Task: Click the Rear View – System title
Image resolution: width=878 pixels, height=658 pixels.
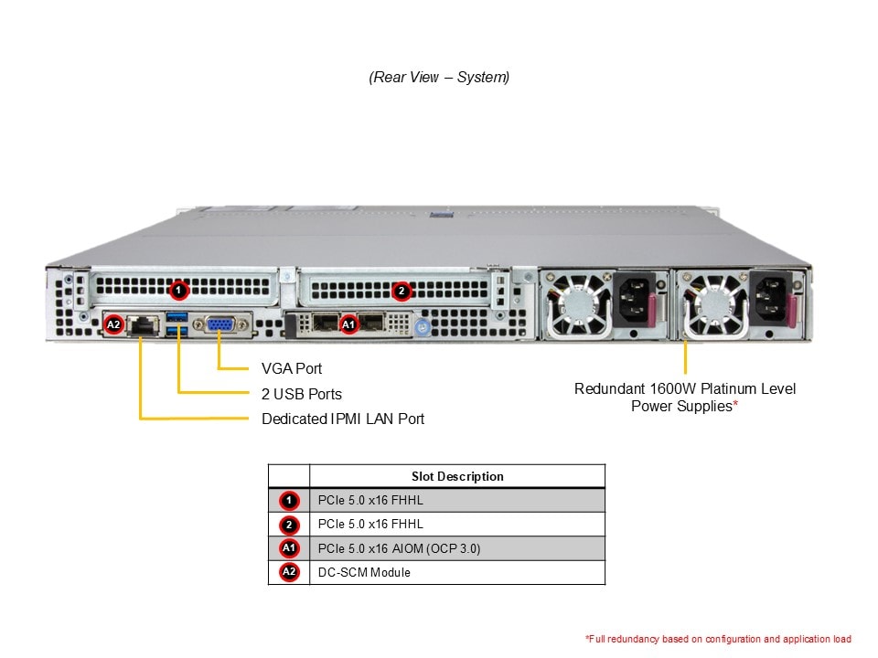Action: point(439,78)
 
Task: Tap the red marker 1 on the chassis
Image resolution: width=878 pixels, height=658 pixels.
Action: point(179,291)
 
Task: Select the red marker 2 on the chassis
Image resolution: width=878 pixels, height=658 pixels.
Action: point(401,291)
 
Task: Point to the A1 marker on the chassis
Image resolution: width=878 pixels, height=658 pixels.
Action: point(348,324)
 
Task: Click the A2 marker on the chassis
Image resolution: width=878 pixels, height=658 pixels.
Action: point(114,324)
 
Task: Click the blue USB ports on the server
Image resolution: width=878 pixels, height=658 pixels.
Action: point(177,324)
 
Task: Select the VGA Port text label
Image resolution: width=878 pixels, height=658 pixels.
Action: point(292,369)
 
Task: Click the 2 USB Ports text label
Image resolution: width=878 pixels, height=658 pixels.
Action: point(302,394)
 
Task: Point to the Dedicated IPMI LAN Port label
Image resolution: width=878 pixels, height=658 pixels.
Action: point(343,419)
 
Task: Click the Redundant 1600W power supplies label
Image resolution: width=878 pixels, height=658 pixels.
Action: point(685,398)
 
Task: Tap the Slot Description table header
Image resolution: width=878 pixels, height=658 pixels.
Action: point(457,476)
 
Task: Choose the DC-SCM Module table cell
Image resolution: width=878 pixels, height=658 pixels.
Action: point(364,572)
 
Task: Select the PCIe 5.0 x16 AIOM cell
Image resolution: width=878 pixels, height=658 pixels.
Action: point(399,548)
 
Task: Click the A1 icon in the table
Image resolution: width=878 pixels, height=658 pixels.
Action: point(289,548)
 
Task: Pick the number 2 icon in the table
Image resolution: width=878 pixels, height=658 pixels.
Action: point(289,525)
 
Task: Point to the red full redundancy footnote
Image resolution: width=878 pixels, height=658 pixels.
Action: point(718,639)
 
